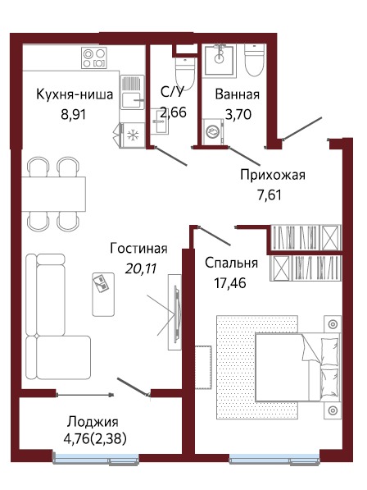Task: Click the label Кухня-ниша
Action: tap(74, 94)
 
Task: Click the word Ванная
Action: tap(237, 94)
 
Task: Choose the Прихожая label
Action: tap(272, 174)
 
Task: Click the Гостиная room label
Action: tap(138, 249)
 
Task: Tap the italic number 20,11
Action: tap(138, 266)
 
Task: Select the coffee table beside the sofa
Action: tap(102, 292)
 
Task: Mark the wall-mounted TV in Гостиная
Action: tap(174, 311)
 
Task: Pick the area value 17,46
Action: tap(229, 283)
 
